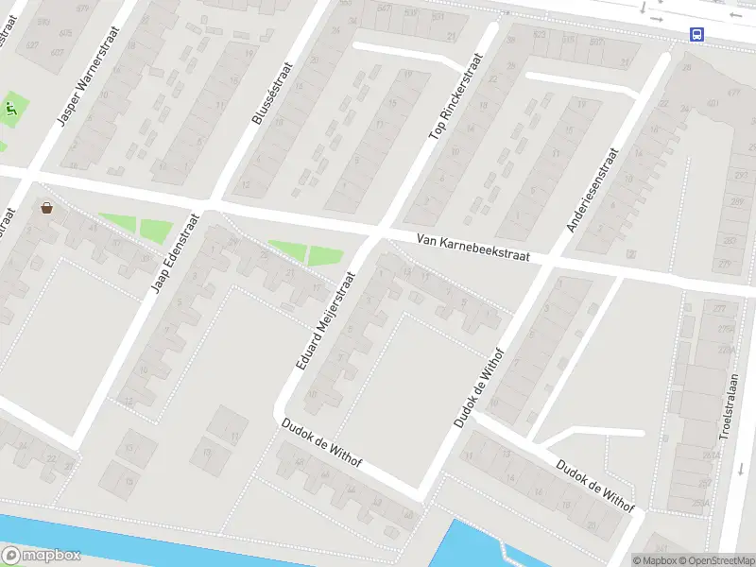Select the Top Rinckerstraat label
coord(455,96)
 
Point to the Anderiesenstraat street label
coord(593,189)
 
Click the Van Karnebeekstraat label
coord(472,249)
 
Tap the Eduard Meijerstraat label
coord(324,320)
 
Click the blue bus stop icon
coord(696,35)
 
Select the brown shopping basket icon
coord(46,207)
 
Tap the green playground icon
coord(11,110)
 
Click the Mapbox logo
coord(42,556)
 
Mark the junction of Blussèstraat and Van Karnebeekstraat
coord(210,202)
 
